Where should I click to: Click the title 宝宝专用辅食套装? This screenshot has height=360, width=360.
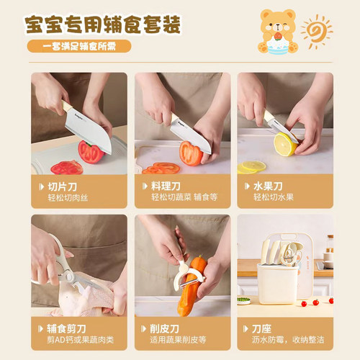coord(103,24)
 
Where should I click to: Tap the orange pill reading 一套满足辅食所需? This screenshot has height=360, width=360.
coord(79,46)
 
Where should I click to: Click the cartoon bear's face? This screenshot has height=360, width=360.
coord(278,24)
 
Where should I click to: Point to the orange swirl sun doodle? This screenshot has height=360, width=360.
coord(316,32)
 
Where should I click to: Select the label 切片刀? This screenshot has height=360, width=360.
coord(63,186)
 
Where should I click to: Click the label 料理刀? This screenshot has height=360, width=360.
coord(166,186)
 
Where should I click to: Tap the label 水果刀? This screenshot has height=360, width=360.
coord(268,186)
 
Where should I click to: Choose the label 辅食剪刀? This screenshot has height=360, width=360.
coord(66,329)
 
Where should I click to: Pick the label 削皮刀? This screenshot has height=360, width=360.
coord(165,329)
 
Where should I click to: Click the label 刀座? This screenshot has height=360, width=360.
coord(261,329)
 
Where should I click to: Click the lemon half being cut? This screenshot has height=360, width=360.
coord(285,145)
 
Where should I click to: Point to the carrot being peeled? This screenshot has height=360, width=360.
coord(191,286)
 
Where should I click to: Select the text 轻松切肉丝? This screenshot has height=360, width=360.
coord(68,198)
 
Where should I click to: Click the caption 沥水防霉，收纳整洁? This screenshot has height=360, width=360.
coord(288,340)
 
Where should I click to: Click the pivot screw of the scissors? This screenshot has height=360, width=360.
coord(68,276)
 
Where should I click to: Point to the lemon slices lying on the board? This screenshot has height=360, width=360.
coord(251,167)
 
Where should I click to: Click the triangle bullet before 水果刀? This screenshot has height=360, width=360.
coord(247,186)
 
